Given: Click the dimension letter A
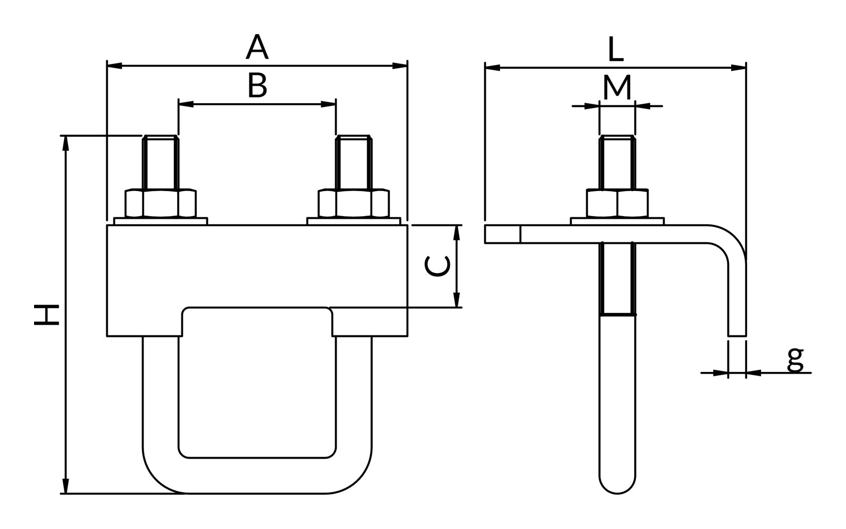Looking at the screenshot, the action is tap(257, 47).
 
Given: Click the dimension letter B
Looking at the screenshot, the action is tap(257, 85).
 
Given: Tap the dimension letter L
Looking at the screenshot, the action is tap(616, 49).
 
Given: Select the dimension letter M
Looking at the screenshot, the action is tap(617, 87).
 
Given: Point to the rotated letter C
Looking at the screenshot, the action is tap(437, 266).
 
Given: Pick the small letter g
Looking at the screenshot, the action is tap(795, 360).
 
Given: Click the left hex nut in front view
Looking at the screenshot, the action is tap(161, 203).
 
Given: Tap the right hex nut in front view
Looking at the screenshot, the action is tap(354, 203).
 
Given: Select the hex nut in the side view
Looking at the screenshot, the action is tap(617, 203).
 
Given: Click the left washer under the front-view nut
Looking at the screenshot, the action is tap(161, 221).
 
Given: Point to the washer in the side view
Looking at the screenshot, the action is tap(617, 221).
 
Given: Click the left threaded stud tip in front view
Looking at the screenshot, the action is tap(161, 137).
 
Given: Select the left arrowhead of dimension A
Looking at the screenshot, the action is tap(115, 66).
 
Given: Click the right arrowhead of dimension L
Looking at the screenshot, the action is tap(739, 68).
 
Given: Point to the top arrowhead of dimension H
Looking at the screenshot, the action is tap(66, 143).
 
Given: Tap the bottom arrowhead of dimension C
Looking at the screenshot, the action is tap(457, 300).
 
